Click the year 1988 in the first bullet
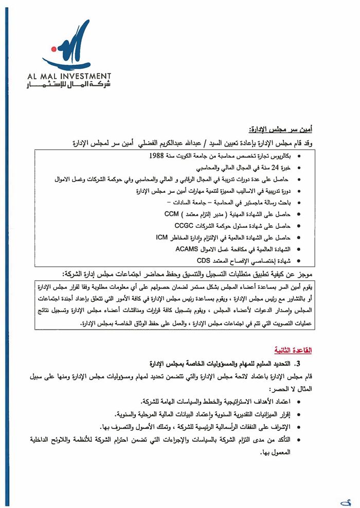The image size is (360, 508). (x=158, y=155)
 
